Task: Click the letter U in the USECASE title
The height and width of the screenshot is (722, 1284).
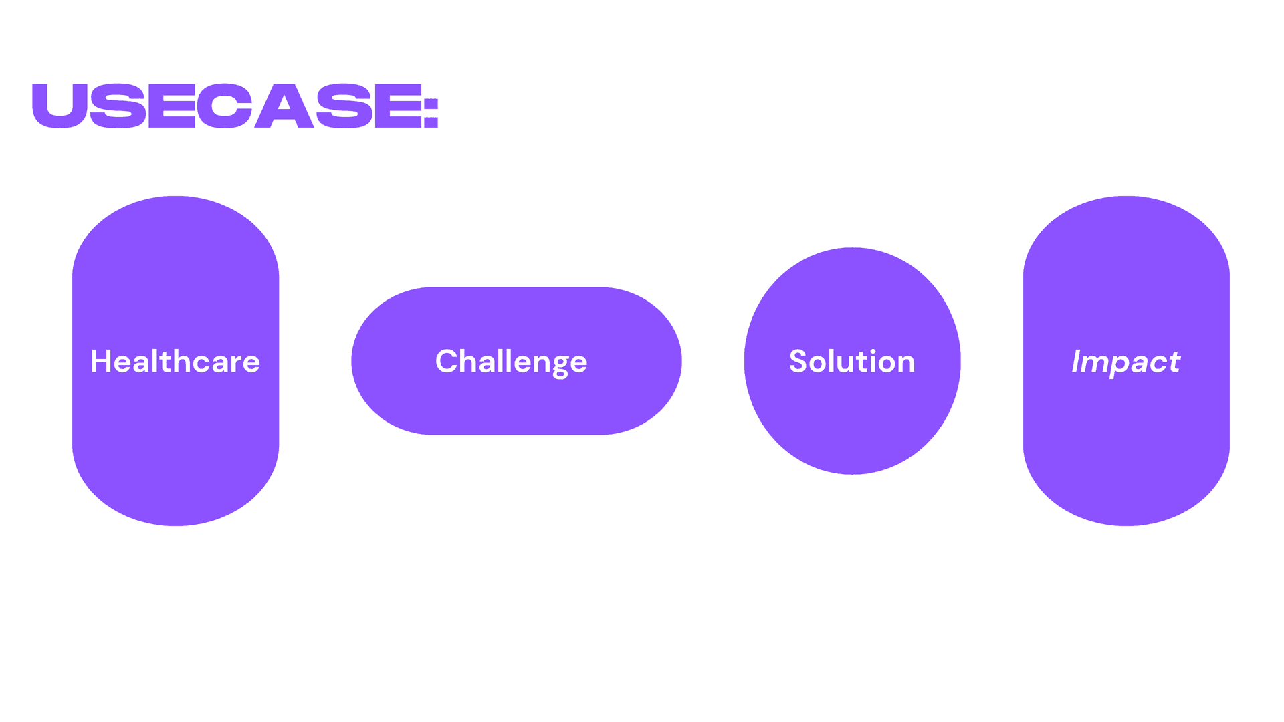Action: point(60,106)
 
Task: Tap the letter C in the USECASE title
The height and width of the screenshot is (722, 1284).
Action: point(224,106)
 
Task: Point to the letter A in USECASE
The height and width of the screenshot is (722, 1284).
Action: point(284,106)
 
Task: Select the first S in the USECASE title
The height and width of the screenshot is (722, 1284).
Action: point(118,106)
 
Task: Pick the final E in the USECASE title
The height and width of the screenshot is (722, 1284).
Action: point(399,106)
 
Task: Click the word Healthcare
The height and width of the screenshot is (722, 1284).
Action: point(175,362)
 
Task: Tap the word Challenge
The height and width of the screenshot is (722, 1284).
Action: point(512,362)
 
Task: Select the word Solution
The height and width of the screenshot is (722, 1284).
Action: point(852,362)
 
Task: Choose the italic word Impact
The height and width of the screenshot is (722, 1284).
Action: point(1126,362)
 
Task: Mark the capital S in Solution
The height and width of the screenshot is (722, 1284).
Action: point(798,362)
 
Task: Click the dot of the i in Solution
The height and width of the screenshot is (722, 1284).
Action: point(873,350)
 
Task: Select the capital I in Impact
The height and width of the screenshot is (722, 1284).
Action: point(1077,362)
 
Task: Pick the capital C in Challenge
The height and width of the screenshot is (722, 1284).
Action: point(446,362)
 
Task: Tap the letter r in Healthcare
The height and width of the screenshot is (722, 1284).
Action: point(234,364)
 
